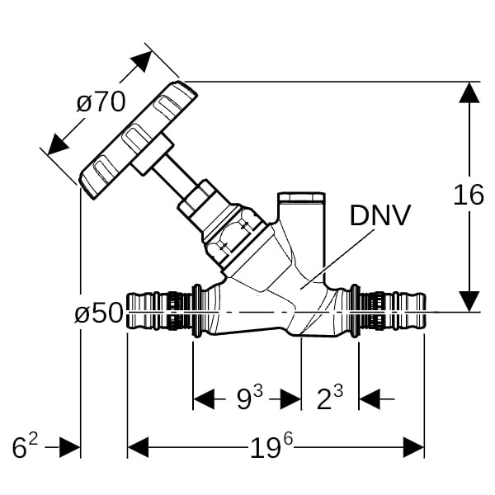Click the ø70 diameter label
101,102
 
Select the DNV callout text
379,215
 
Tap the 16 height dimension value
469,196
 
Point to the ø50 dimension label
98,313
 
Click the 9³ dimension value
249,399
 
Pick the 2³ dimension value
330,399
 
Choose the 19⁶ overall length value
271,448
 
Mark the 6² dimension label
25,448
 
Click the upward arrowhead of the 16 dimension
469,92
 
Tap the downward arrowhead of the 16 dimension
469,302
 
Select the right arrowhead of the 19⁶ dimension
413,448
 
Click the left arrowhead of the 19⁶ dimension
138,448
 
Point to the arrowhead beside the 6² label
70,448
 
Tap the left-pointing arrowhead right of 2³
369,399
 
